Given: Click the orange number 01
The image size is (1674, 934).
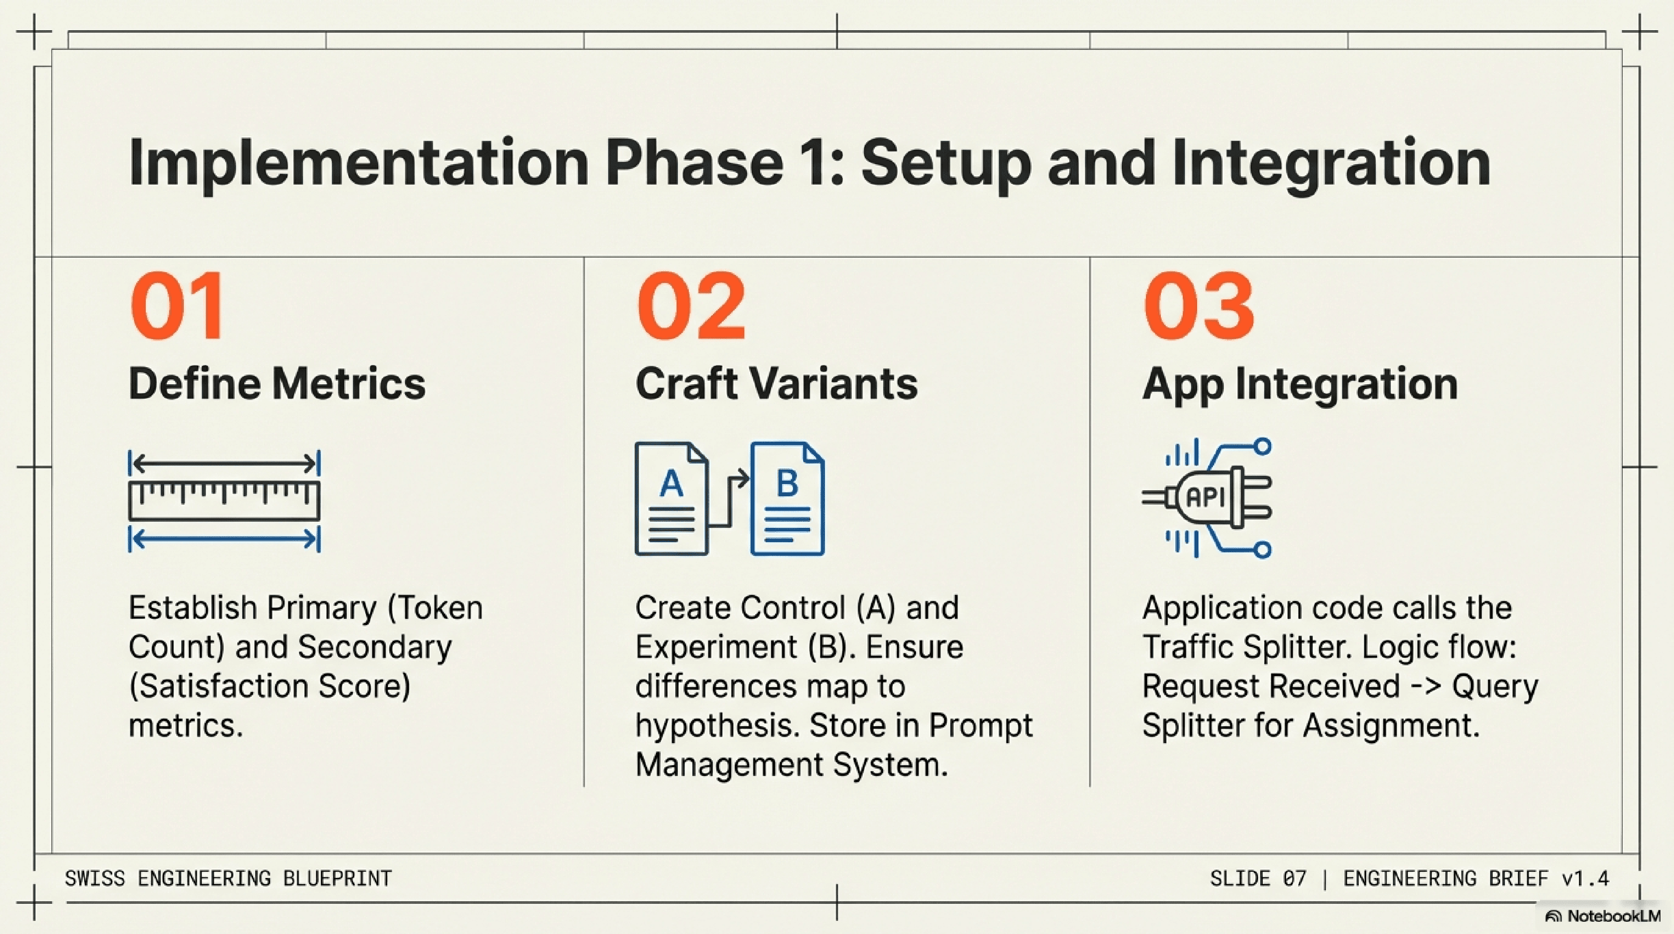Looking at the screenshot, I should pyautogui.click(x=177, y=306).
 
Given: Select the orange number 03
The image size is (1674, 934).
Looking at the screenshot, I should pyautogui.click(x=1198, y=306).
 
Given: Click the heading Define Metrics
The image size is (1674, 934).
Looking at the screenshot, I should pyautogui.click(x=277, y=384).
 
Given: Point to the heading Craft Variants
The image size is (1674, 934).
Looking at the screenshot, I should pyautogui.click(x=776, y=384).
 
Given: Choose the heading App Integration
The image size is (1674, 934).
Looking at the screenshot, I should pyautogui.click(x=1300, y=384).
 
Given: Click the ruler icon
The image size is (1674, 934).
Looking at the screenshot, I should pyautogui.click(x=224, y=500).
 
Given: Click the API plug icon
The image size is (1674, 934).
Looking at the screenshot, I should pyautogui.click(x=1207, y=498).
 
